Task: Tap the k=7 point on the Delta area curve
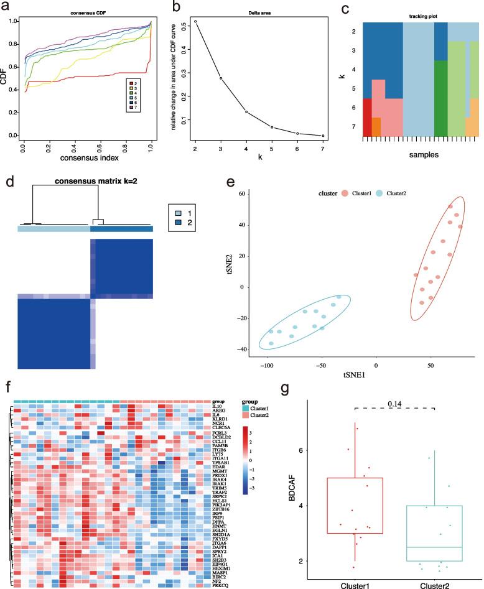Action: tap(323, 136)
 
